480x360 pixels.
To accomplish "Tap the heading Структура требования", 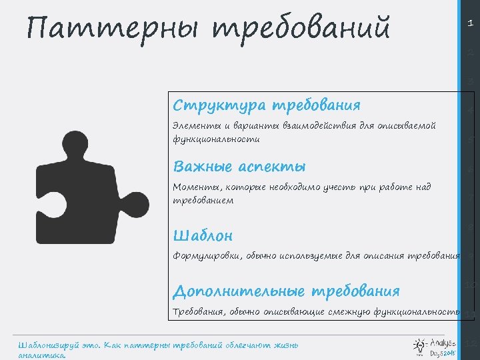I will (x=266, y=105).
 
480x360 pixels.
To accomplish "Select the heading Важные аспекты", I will (x=239, y=167).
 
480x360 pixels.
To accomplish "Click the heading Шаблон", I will (x=203, y=236).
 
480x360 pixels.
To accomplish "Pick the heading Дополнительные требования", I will (x=286, y=292).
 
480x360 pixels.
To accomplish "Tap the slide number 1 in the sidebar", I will (x=470, y=23).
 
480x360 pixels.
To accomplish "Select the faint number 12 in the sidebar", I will (x=470, y=344).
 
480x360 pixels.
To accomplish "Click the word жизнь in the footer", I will (x=283, y=345).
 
